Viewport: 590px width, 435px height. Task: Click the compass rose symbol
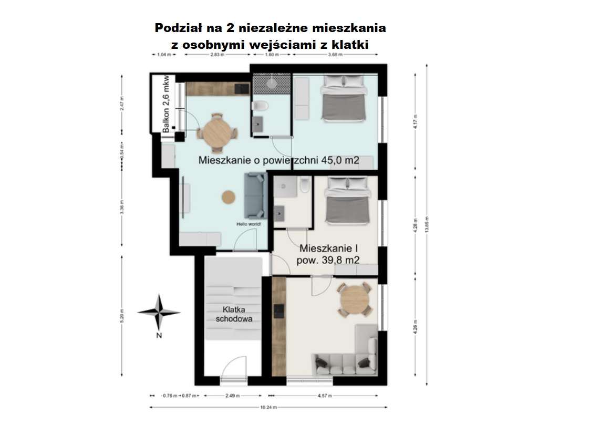(159, 312)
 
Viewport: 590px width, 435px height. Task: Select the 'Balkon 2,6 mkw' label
(166, 104)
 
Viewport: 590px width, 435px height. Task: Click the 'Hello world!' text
(249, 224)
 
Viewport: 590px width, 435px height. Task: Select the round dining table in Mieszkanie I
(356, 300)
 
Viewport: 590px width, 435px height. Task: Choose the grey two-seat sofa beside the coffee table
(254, 195)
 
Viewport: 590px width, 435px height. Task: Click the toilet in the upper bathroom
(261, 107)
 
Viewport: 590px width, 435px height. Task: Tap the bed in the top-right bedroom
(343, 100)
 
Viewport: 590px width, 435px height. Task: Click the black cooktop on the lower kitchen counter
(279, 312)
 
